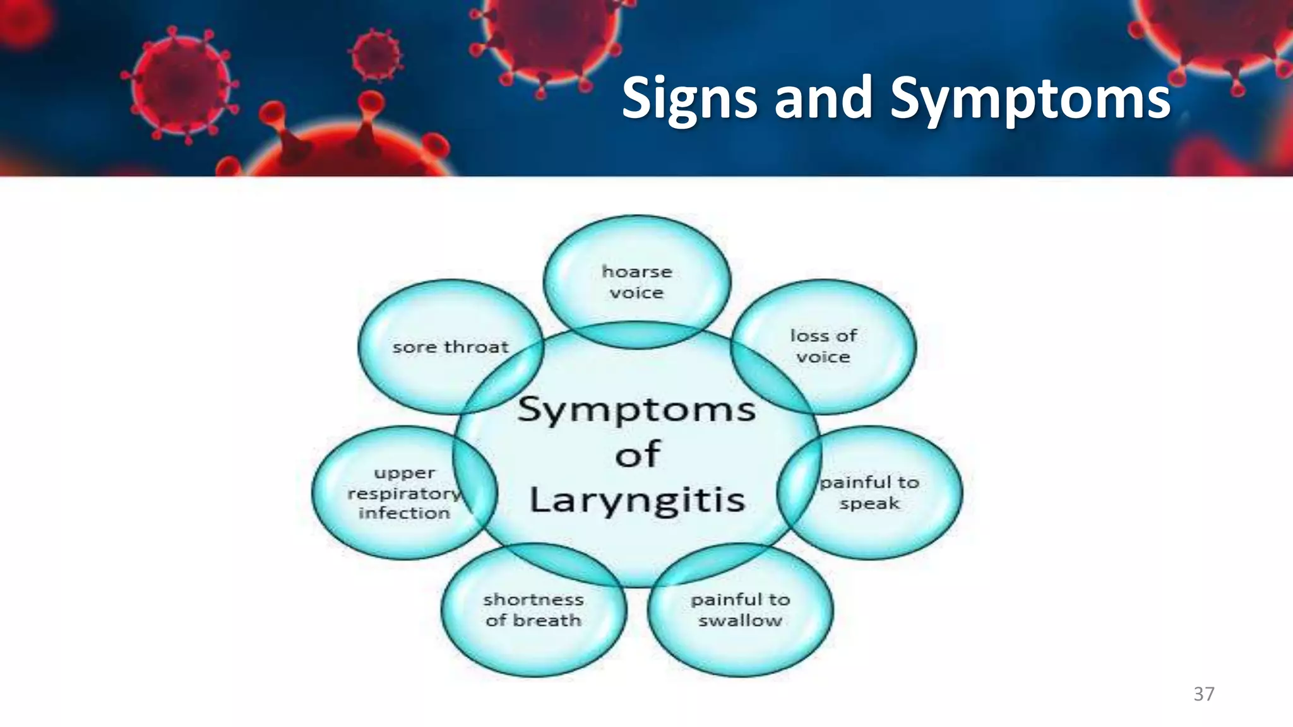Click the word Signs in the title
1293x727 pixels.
click(689, 98)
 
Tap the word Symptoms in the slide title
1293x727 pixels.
click(1030, 98)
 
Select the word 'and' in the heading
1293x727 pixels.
click(823, 98)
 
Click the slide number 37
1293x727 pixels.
click(1203, 694)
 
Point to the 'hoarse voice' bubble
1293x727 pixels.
click(636, 282)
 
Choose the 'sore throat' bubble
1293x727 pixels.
click(450, 347)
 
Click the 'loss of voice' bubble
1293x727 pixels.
click(823, 346)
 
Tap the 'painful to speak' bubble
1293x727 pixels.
click(870, 493)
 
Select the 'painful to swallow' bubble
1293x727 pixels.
click(740, 610)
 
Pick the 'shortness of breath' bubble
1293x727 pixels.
click(533, 610)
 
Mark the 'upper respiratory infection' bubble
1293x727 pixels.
click(404, 493)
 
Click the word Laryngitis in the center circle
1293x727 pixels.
click(637, 500)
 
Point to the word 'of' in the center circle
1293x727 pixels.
click(638, 454)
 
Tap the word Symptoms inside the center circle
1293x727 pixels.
click(636, 410)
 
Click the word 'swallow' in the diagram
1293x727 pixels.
click(740, 621)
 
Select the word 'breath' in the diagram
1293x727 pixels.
click(547, 621)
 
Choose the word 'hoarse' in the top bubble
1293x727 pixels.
click(636, 272)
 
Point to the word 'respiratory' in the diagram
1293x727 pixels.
click(404, 494)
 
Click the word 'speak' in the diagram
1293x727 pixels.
click(870, 504)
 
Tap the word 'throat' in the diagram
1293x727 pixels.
click(476, 347)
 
